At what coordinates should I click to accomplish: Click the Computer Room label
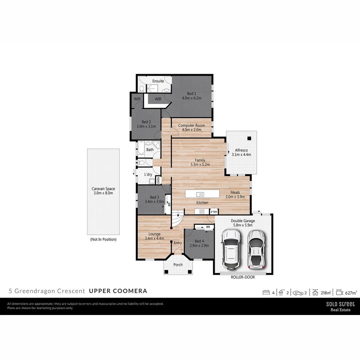(191, 125)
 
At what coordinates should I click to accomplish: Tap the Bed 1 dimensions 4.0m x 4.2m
(191, 98)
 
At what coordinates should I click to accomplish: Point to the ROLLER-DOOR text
(243, 277)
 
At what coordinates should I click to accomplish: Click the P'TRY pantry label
(214, 212)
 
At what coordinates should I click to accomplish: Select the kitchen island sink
(200, 194)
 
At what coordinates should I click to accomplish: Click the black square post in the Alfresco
(249, 138)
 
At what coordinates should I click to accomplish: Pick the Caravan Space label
(103, 189)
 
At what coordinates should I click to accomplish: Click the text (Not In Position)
(103, 239)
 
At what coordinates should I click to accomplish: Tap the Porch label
(178, 265)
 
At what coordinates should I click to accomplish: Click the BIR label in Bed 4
(208, 227)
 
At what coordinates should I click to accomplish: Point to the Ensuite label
(158, 81)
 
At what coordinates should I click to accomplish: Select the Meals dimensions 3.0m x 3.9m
(235, 197)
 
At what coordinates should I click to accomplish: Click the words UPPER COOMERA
(118, 291)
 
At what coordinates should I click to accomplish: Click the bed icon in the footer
(266, 293)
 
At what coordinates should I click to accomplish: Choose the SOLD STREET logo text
(340, 304)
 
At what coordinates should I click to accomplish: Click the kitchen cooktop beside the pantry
(202, 211)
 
